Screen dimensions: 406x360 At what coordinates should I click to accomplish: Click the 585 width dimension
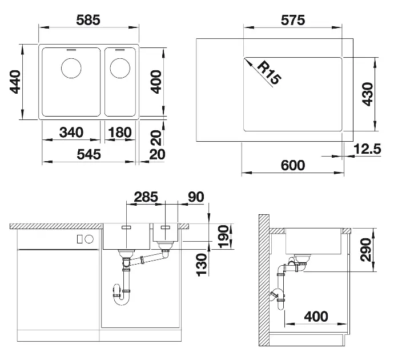[x=88, y=20]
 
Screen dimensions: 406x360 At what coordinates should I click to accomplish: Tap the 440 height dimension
[x=15, y=82]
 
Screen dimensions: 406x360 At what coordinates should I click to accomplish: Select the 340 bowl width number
[x=71, y=132]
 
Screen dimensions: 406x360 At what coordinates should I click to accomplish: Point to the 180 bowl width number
[x=120, y=132]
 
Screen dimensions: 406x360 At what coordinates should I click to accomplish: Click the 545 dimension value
[x=89, y=154]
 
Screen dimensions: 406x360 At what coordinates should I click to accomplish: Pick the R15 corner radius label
[x=270, y=73]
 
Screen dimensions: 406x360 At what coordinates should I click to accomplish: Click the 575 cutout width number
[x=293, y=20]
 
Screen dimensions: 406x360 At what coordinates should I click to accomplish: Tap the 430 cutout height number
[x=367, y=94]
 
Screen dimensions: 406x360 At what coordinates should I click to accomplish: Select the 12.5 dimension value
[x=367, y=149]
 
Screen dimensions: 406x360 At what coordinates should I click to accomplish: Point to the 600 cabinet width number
[x=293, y=165]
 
